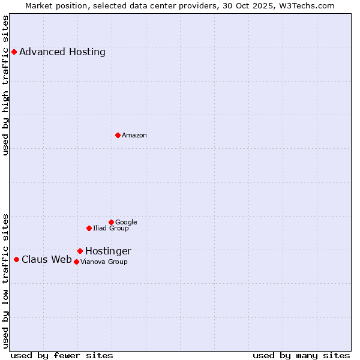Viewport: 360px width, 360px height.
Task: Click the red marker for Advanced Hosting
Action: point(14,52)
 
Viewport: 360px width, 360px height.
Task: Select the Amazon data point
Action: point(118,135)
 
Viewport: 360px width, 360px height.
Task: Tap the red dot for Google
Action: point(111,222)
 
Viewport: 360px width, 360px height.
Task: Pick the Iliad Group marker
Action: point(89,228)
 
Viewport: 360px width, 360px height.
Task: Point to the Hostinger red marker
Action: point(80,251)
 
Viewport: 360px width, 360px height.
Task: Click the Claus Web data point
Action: point(16,259)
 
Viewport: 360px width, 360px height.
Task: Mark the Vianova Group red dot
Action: point(76,262)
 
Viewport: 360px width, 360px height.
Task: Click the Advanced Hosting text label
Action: point(62,52)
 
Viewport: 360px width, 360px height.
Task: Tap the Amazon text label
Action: point(134,136)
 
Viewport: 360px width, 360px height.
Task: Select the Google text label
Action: point(126,223)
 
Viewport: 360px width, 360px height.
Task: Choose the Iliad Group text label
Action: point(111,229)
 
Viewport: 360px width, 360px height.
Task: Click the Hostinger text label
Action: point(108,251)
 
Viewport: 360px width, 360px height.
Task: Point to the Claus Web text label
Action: point(47,260)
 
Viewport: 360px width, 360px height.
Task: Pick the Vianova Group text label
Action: point(104,262)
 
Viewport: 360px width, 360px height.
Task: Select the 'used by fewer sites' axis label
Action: point(62,356)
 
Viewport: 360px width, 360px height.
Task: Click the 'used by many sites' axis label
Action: point(301,356)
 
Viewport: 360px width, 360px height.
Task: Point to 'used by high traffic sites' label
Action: point(6,85)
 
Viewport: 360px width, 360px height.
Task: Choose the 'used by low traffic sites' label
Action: point(6,280)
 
